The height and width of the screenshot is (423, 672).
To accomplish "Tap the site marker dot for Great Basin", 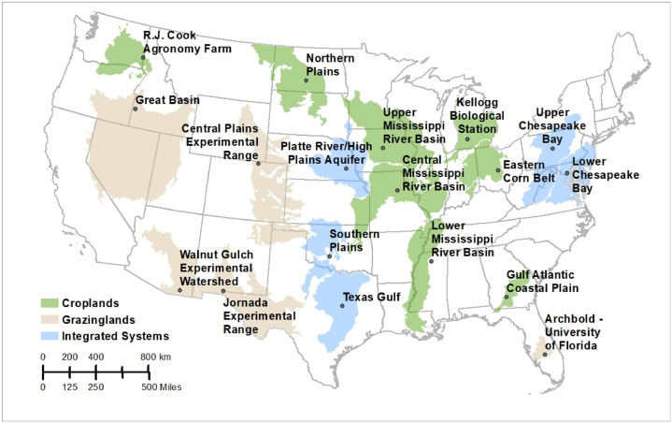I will point(134,109).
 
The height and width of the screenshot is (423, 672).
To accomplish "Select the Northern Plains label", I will point(331,65).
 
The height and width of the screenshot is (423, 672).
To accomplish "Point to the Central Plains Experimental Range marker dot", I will point(258,164).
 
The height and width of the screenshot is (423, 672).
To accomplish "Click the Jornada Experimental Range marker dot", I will point(222,291).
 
